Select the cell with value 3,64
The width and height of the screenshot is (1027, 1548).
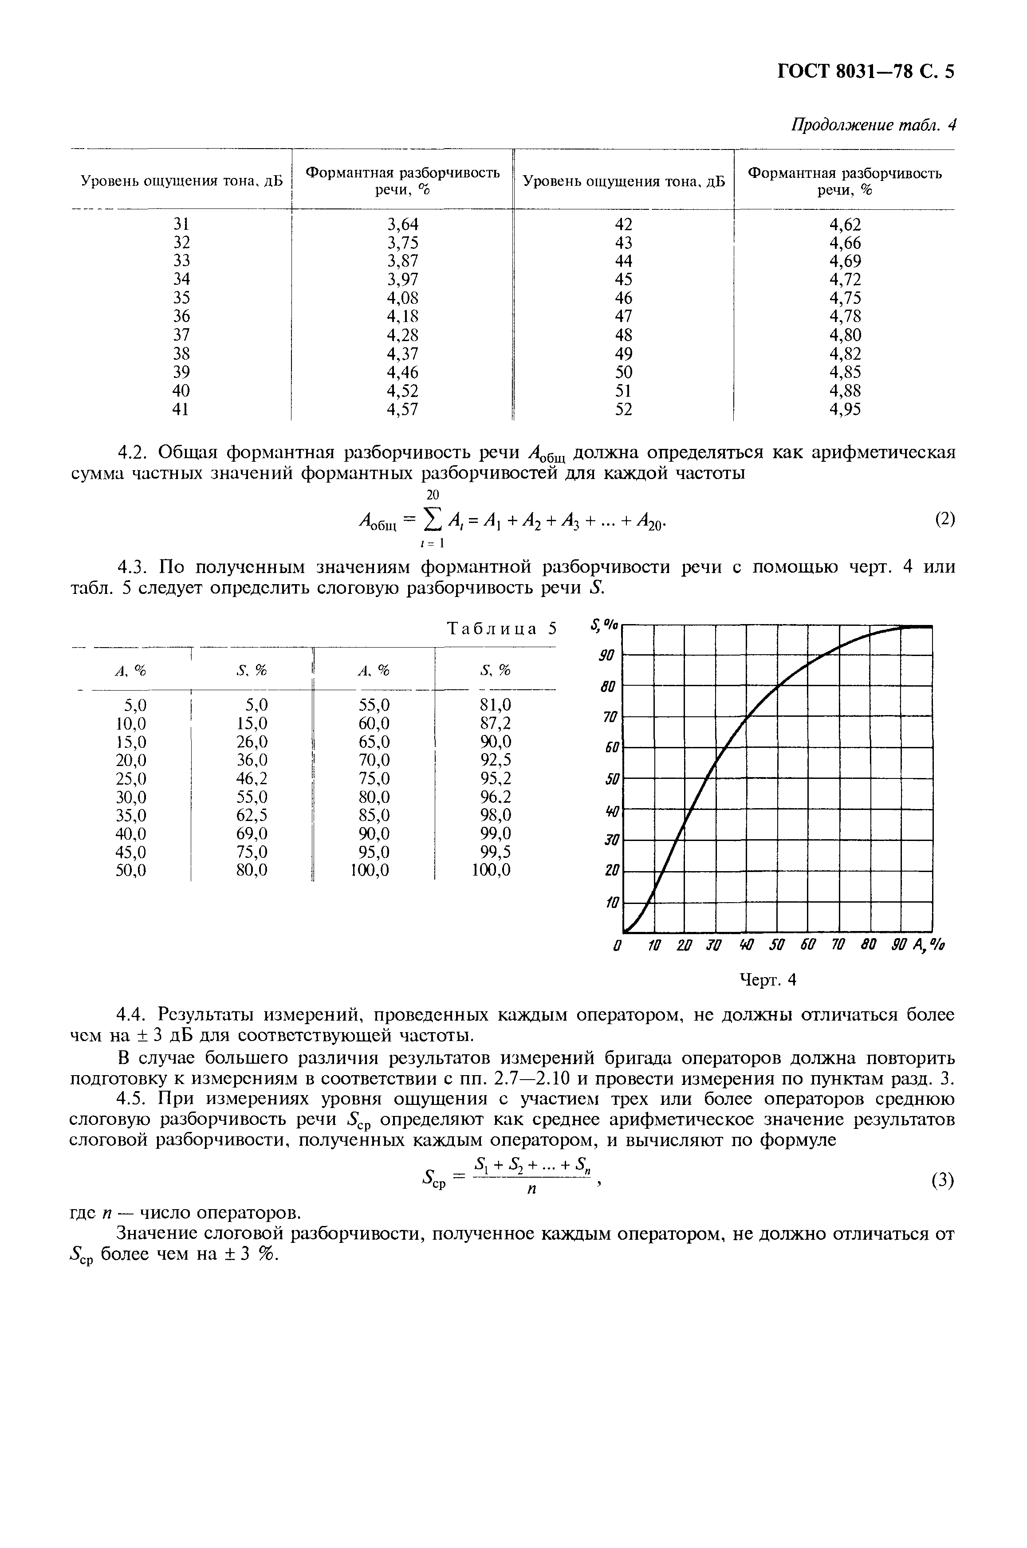(x=402, y=224)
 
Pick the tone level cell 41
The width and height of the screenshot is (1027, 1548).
(x=181, y=409)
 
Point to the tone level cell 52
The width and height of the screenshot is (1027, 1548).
(x=624, y=409)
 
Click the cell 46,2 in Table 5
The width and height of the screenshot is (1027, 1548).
(x=252, y=778)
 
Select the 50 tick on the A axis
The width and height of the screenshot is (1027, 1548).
(x=777, y=946)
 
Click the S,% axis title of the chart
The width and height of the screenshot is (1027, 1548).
(x=604, y=625)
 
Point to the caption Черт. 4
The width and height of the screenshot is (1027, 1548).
(x=767, y=980)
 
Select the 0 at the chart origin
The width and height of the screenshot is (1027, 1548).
(x=616, y=946)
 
